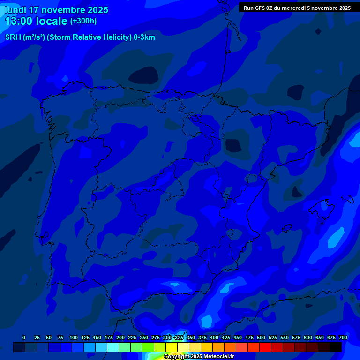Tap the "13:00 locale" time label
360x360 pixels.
(36, 21)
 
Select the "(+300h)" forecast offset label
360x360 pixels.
(83, 21)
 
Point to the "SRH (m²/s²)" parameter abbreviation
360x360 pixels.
(25, 37)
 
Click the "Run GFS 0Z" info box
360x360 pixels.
(297, 8)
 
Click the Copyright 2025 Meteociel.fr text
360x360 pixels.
(199, 357)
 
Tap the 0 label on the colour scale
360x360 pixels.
(24, 337)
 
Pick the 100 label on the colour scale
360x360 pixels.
(74, 337)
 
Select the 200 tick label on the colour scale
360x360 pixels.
(120, 337)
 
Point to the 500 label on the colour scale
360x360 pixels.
(261, 337)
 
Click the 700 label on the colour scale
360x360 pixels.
(343, 337)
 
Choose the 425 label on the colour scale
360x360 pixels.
(226, 337)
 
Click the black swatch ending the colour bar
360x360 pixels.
(336, 347)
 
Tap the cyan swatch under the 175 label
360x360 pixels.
(113, 347)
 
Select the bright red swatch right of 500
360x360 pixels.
(265, 347)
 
